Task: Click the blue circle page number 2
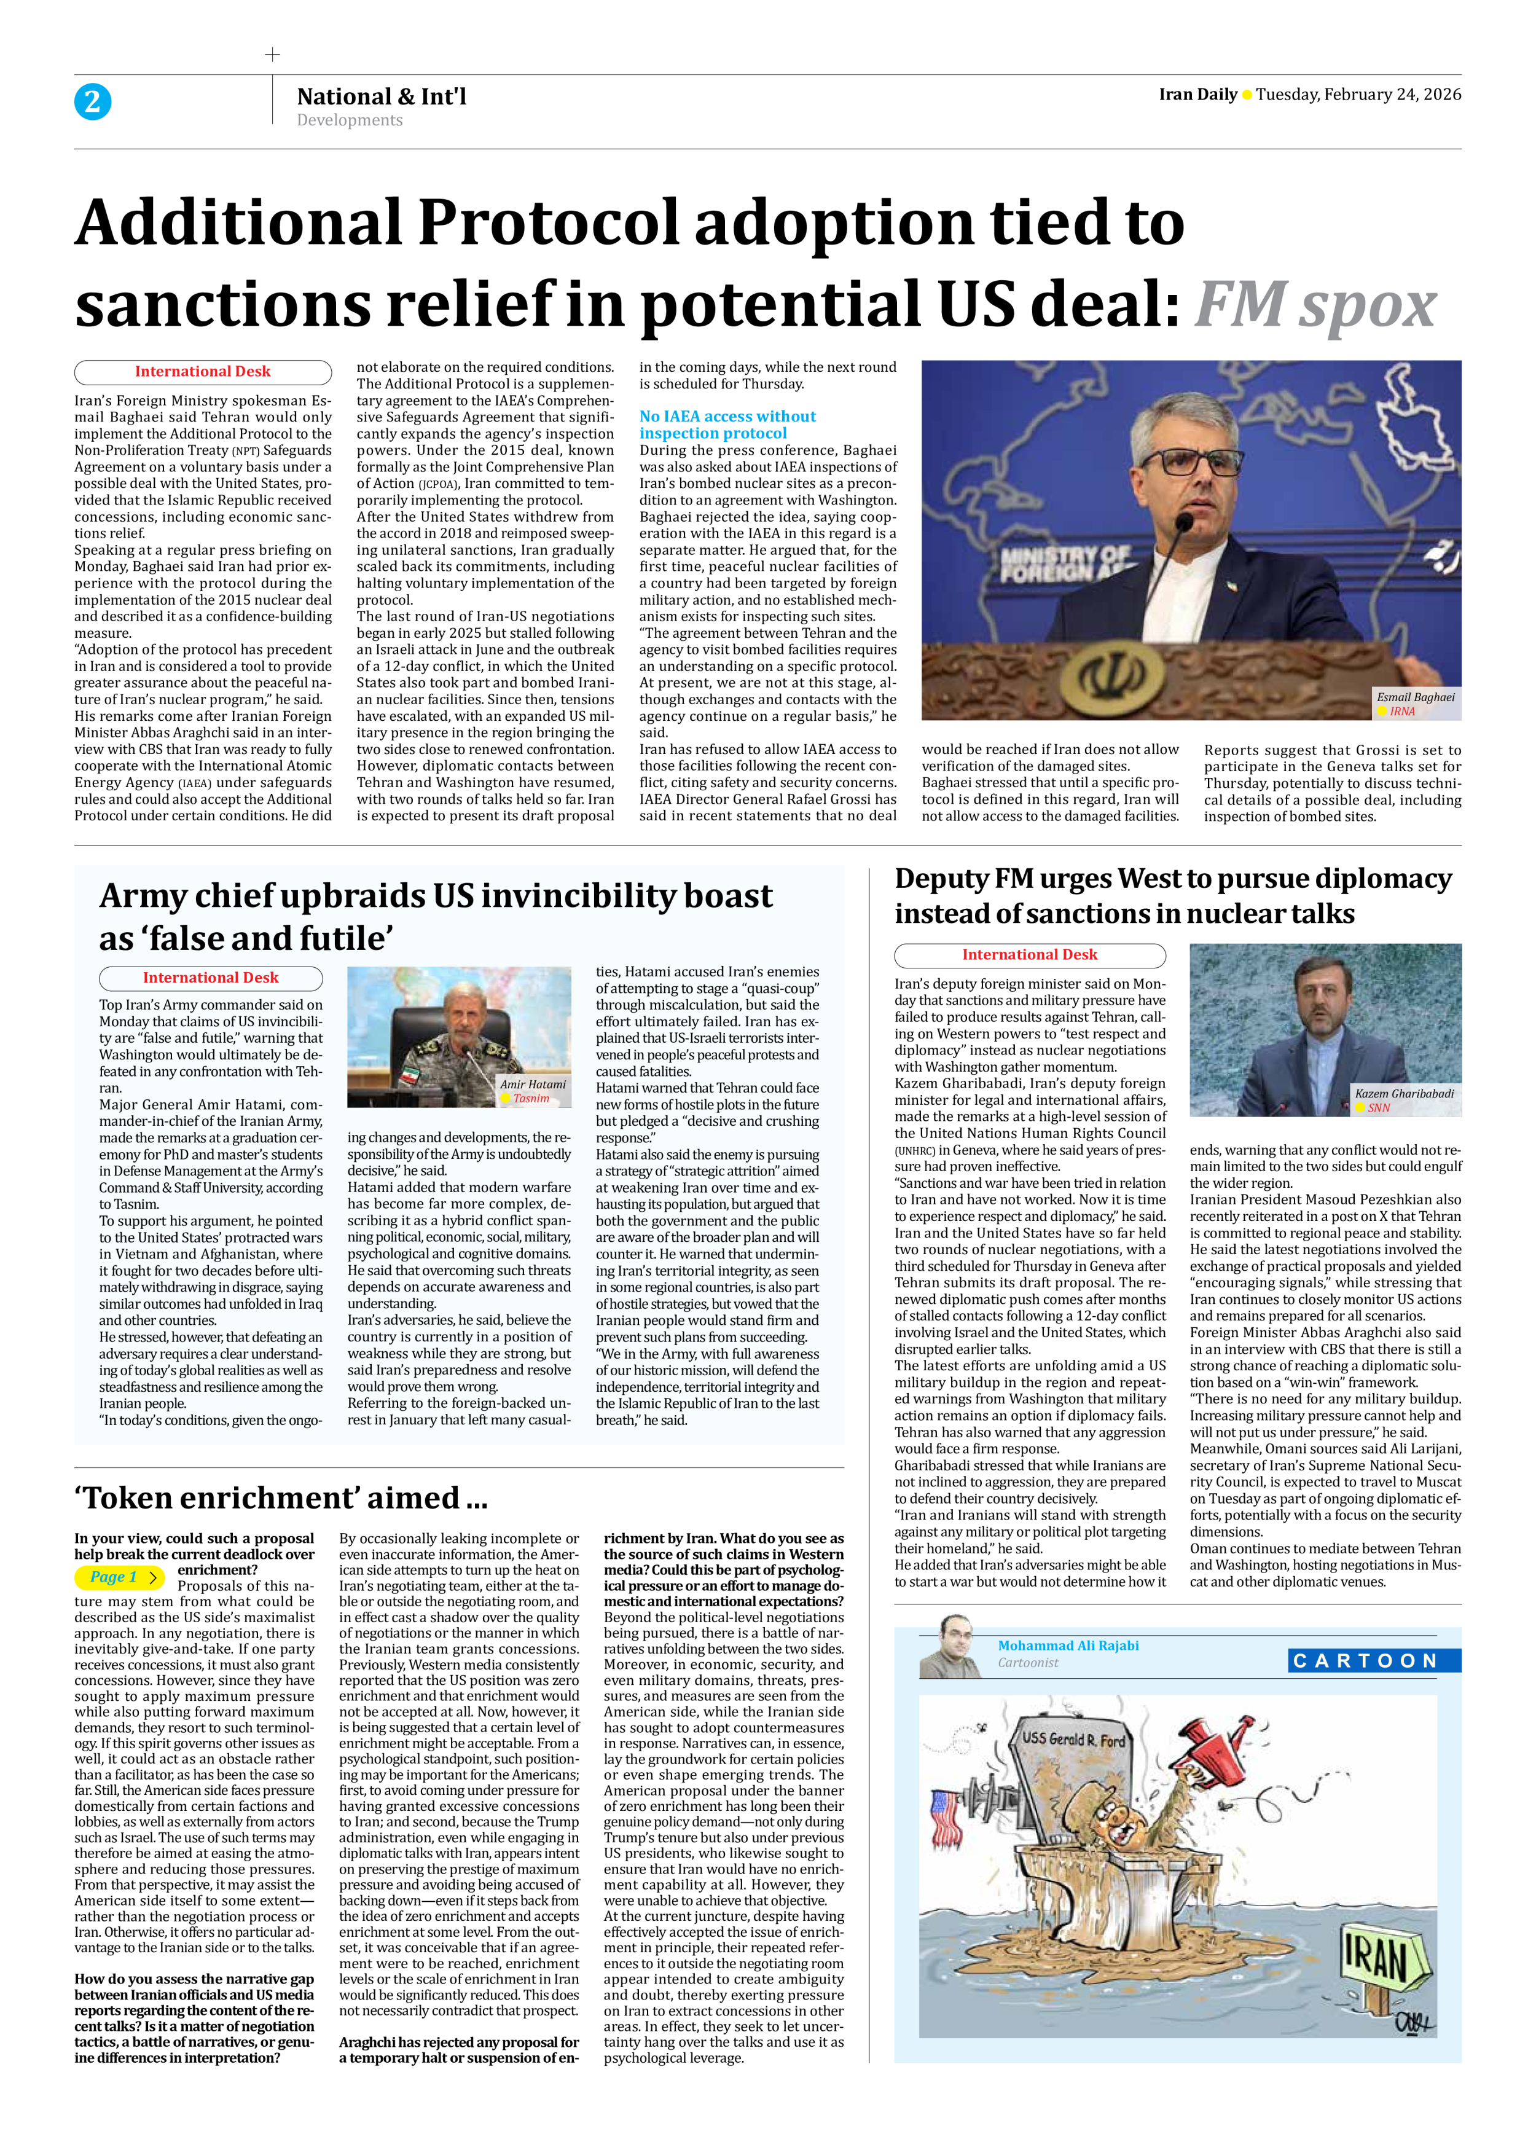pos(92,101)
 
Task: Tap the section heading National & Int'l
pos(382,96)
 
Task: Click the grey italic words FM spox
pos(1315,305)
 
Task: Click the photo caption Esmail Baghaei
pos(1415,697)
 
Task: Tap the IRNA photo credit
pos(1401,712)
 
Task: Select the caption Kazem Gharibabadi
pos(1403,1094)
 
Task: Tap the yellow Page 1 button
pos(119,1577)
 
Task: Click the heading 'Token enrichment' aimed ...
pos(281,1497)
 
